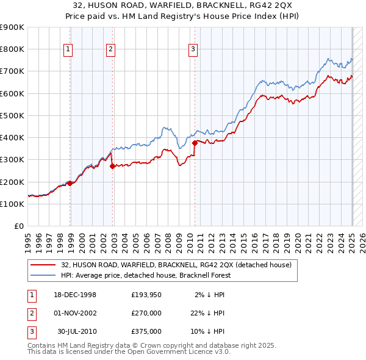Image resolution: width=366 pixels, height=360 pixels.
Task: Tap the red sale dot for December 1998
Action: point(70,183)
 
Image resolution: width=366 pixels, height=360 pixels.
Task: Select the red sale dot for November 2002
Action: point(112,166)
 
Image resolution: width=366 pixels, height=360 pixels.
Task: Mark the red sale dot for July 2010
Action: point(195,143)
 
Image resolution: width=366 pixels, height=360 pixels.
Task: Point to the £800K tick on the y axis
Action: point(13,49)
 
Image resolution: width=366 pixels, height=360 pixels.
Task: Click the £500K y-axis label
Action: point(13,115)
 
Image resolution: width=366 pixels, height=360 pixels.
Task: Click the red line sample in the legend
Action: point(43,265)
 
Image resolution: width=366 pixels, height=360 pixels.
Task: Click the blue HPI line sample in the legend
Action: point(43,275)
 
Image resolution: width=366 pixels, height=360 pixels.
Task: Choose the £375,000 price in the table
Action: point(146,331)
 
